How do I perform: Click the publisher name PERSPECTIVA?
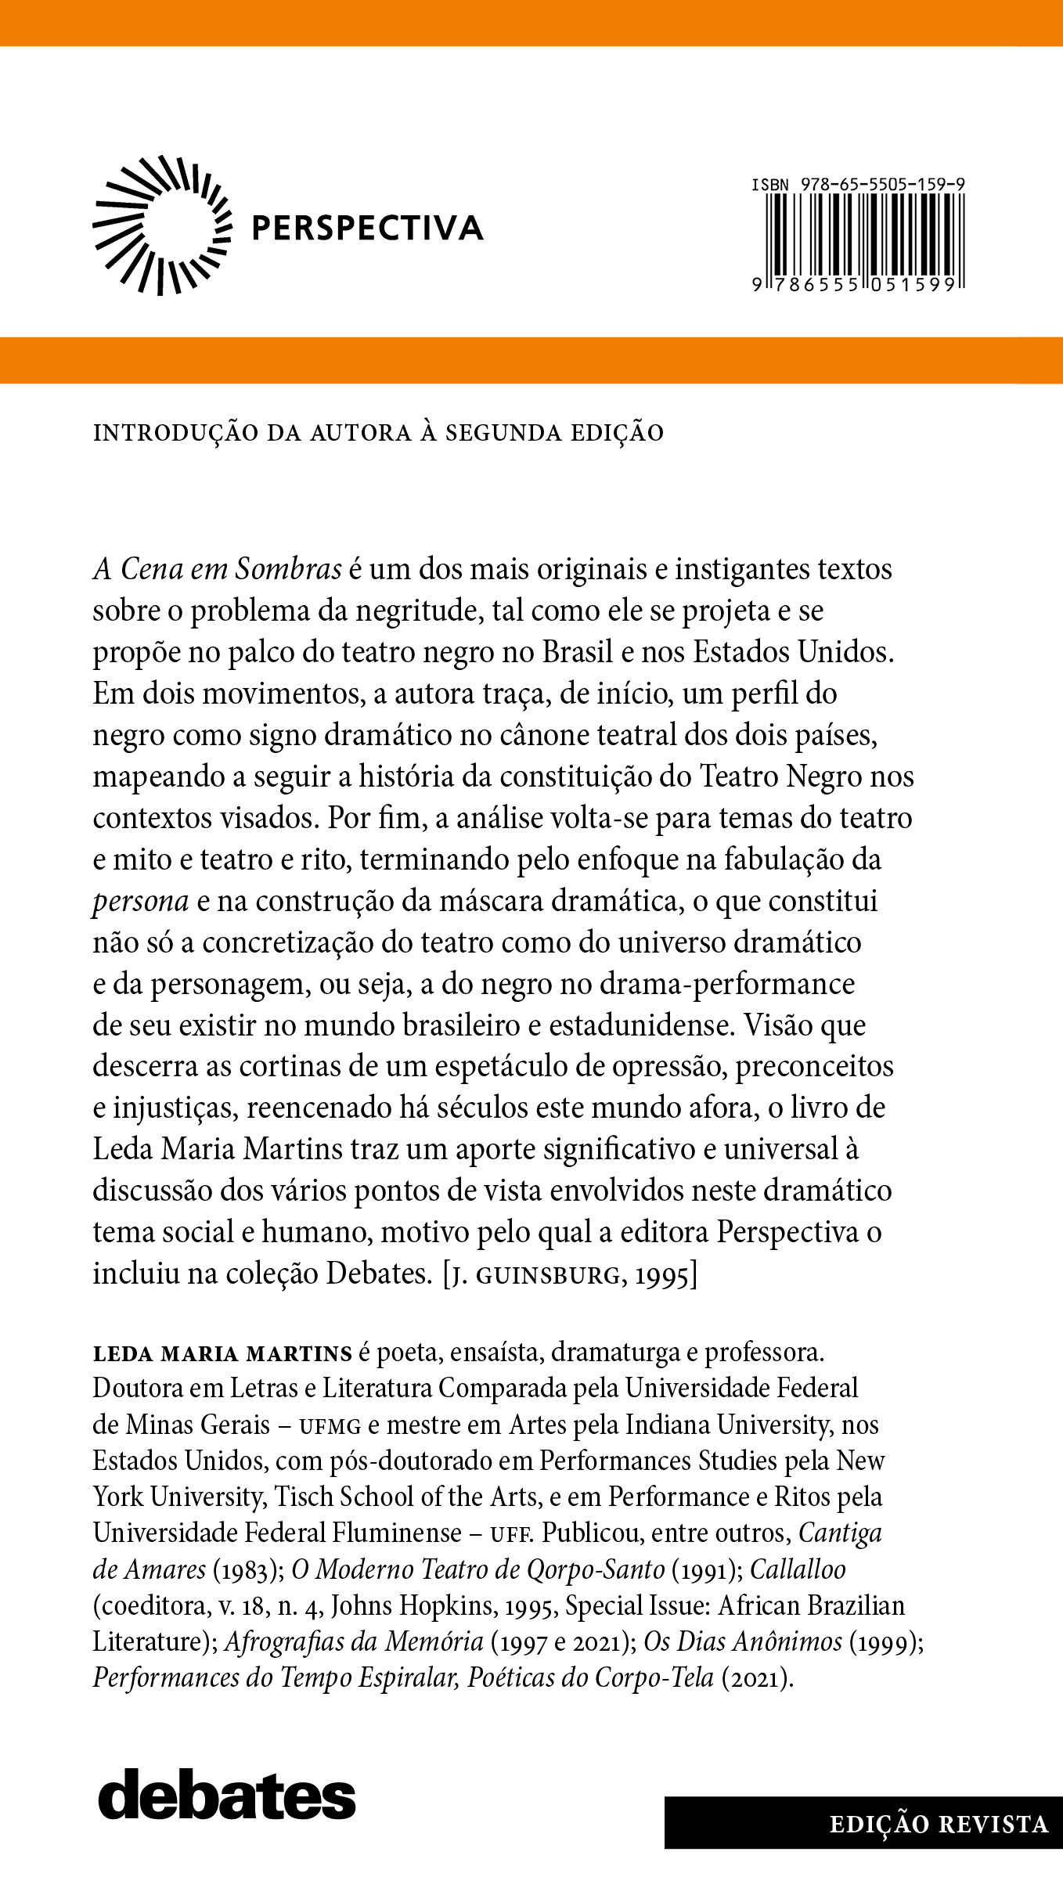(366, 228)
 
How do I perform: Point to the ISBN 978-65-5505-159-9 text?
(858, 185)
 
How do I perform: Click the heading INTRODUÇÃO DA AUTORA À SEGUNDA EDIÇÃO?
(378, 432)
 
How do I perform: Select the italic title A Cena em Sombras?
(217, 569)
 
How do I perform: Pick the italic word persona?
(141, 901)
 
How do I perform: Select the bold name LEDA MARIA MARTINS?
(222, 1353)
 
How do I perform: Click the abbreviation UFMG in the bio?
(330, 1426)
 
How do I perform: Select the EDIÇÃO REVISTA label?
(939, 1825)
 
